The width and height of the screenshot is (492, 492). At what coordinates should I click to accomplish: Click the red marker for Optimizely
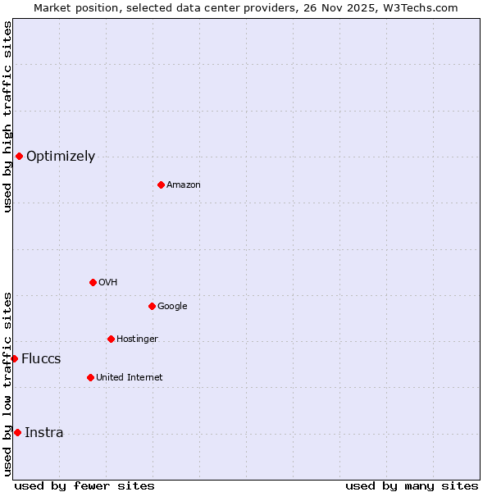(19, 156)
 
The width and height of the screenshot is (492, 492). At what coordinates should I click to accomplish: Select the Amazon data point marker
(161, 184)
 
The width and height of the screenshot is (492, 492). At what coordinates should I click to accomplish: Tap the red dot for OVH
(93, 282)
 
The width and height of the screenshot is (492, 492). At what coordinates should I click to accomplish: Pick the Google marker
(152, 306)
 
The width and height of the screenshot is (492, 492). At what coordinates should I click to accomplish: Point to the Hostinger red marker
(111, 339)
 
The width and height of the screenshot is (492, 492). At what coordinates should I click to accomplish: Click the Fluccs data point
(14, 358)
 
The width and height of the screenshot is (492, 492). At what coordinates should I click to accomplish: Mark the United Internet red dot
(90, 377)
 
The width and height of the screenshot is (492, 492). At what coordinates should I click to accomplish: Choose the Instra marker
(17, 432)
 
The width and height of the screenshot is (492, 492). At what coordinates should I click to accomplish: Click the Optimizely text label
(61, 157)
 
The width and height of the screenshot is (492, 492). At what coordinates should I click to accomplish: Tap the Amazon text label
(183, 185)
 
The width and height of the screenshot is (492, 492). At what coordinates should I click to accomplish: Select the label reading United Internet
(129, 378)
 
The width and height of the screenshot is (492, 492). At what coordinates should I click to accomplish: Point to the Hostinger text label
(137, 339)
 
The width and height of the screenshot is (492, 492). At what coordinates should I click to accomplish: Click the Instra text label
(43, 433)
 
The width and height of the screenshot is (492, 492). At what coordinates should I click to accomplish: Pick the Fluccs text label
(41, 359)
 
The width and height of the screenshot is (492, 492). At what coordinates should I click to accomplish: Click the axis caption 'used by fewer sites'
(84, 485)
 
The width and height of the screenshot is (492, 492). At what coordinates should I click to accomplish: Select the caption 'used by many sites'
(412, 485)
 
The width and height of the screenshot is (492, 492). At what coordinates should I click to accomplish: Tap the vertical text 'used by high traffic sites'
(7, 116)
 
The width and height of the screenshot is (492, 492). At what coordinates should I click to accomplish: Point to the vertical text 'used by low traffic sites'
(7, 384)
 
